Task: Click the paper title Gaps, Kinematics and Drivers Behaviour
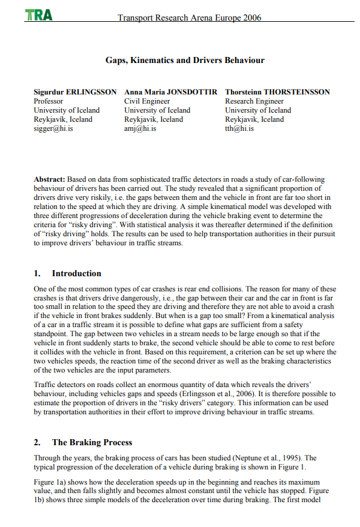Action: (x=185, y=61)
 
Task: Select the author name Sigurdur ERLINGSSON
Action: (x=75, y=92)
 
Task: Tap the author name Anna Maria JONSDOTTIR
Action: (x=170, y=92)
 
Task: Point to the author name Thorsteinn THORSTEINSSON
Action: (x=277, y=92)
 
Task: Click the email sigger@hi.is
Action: (x=53, y=128)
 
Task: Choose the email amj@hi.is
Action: (x=140, y=128)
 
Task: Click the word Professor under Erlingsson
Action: (x=48, y=101)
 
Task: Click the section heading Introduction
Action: (x=76, y=273)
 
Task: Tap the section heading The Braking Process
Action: (x=92, y=442)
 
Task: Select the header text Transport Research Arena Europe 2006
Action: (x=190, y=18)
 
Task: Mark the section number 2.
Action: (x=37, y=442)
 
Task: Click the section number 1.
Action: (x=37, y=273)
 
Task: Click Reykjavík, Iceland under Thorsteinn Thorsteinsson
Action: (x=254, y=119)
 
